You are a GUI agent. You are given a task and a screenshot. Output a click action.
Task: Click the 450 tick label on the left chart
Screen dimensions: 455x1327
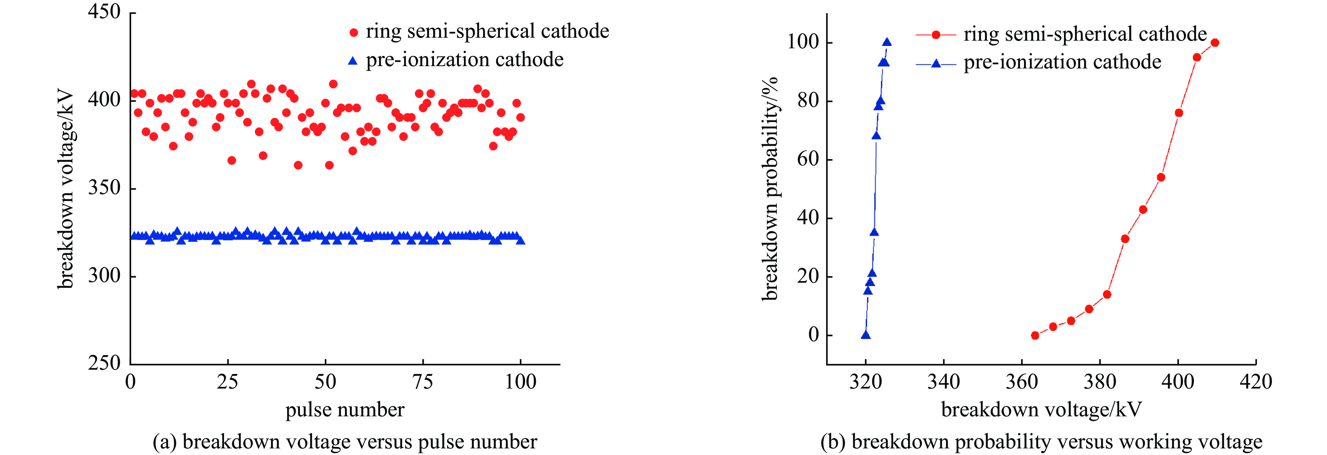pyautogui.click(x=104, y=11)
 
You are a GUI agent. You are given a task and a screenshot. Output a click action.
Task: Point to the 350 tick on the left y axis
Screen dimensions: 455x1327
pyautogui.click(x=104, y=187)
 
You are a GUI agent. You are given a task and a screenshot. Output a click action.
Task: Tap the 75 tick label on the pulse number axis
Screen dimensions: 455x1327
pyautogui.click(x=422, y=382)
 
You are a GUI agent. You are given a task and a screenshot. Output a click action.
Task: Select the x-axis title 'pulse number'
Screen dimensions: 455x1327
pyautogui.click(x=345, y=410)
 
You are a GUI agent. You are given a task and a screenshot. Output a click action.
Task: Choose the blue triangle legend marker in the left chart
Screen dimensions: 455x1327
pyautogui.click(x=353, y=61)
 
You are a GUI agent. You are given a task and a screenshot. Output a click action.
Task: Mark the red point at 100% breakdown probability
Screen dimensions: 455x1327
pyautogui.click(x=1215, y=43)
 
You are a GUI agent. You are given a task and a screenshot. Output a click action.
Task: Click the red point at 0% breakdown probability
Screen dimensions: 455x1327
pyautogui.click(x=1035, y=335)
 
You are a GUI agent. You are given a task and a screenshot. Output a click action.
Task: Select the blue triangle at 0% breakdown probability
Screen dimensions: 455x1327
pyautogui.click(x=866, y=335)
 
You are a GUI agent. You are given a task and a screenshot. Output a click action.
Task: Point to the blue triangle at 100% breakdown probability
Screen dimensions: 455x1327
pyautogui.click(x=887, y=42)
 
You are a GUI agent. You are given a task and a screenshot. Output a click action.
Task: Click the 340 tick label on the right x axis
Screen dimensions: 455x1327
pyautogui.click(x=944, y=382)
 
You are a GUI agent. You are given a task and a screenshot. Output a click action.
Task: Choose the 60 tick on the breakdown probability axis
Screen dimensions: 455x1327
pyautogui.click(x=808, y=159)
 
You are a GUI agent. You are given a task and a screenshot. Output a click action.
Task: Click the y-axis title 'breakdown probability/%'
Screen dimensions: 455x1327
pyautogui.click(x=769, y=188)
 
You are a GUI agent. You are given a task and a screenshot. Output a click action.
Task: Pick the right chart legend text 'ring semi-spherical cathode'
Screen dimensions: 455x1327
pyautogui.click(x=1085, y=34)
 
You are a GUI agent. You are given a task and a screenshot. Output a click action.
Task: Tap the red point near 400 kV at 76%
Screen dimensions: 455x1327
pyautogui.click(x=1179, y=113)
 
